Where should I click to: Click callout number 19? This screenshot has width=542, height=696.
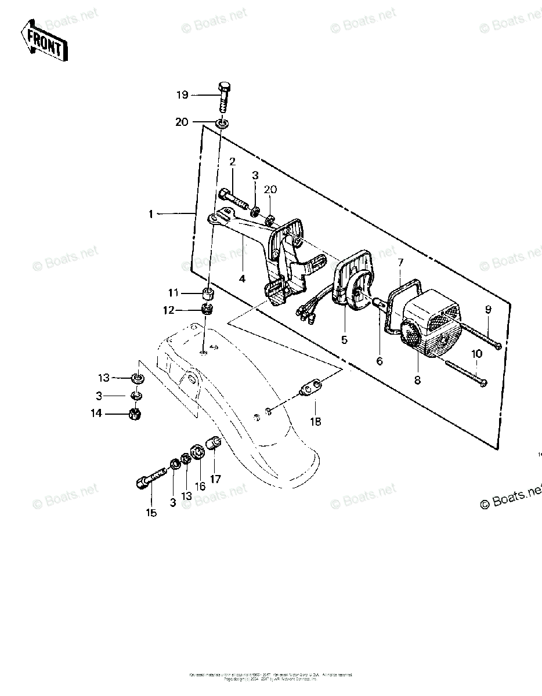pos(183,95)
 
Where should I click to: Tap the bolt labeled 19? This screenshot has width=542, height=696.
pos(223,99)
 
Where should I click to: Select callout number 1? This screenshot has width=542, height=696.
pos(151,215)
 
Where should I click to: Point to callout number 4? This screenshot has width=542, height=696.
pos(242,278)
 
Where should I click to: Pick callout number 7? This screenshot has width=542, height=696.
pos(400,263)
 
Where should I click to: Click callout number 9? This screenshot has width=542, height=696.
pos(488,310)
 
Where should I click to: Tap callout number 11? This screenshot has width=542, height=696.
pos(174,292)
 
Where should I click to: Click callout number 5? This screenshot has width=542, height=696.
pos(344,340)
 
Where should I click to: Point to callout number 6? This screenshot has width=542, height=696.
pos(380,361)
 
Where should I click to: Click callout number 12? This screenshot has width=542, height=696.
pos(168,311)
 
